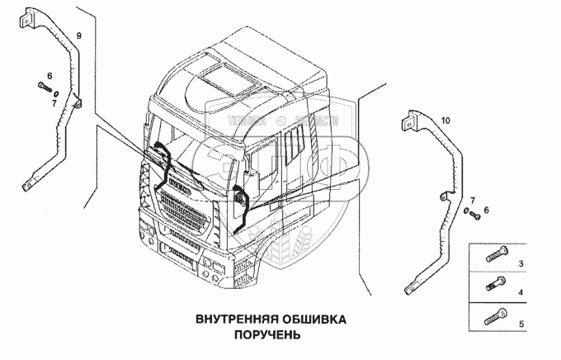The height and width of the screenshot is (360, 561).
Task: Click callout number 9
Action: click(x=79, y=36)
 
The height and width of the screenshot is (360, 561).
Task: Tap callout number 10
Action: click(x=446, y=121)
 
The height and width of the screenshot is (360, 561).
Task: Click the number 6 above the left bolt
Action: click(x=49, y=76)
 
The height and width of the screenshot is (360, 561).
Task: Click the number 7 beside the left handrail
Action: click(x=54, y=102)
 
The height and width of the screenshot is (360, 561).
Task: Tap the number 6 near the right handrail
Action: click(x=486, y=211)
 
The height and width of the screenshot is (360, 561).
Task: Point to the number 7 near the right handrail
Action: click(x=472, y=201)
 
